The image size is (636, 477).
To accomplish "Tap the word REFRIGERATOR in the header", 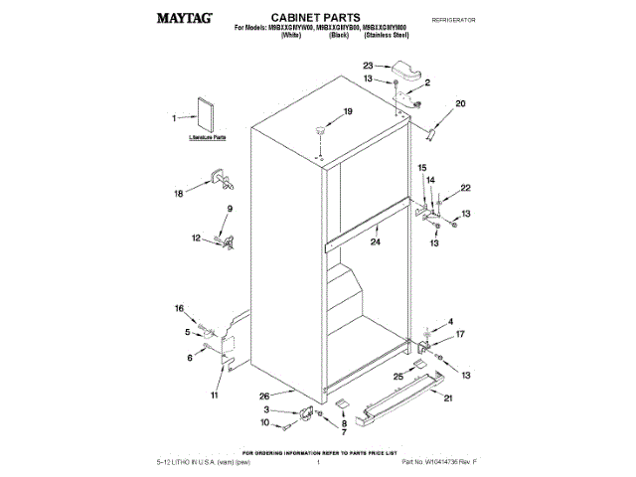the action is pyautogui.click(x=454, y=20).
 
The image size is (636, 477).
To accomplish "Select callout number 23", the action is pyautogui.click(x=367, y=67).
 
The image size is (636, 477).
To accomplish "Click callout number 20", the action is pyautogui.click(x=460, y=103).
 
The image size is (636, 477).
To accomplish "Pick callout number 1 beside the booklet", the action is pyautogui.click(x=175, y=118).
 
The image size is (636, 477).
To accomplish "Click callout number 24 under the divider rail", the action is pyautogui.click(x=375, y=241).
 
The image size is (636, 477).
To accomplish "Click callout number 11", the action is pyautogui.click(x=213, y=397).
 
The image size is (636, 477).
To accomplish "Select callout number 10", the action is pyautogui.click(x=264, y=423).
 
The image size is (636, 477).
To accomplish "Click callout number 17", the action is pyautogui.click(x=459, y=335).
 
